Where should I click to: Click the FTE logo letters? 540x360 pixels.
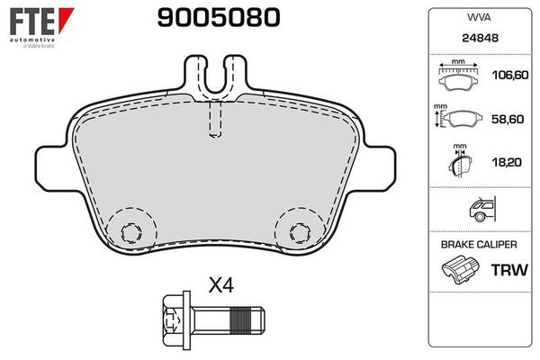point(32,22)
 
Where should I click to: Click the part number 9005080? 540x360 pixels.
point(219,18)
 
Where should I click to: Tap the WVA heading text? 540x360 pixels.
point(479,17)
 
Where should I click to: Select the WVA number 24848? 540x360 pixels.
point(480,38)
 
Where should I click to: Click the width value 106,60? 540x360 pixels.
point(510,75)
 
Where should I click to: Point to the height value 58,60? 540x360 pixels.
point(508,119)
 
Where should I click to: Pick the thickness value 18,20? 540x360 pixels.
point(507,162)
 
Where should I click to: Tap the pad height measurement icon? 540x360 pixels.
point(458,117)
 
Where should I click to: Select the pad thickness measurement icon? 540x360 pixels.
point(461,161)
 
